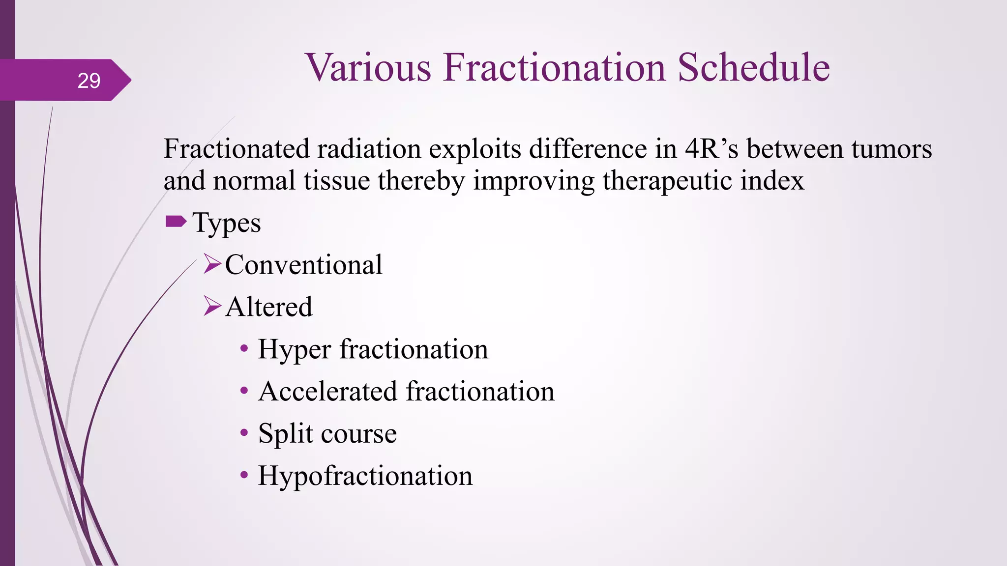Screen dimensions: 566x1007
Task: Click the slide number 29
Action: pyautogui.click(x=89, y=81)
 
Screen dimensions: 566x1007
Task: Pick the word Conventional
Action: pyautogui.click(x=303, y=265)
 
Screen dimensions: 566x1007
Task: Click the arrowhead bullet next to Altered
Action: pyautogui.click(x=212, y=306)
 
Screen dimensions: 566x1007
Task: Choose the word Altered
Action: pyautogui.click(x=269, y=307)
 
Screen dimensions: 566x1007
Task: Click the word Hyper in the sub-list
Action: pyautogui.click(x=294, y=350)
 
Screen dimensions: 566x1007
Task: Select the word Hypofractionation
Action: pyautogui.click(x=365, y=476)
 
